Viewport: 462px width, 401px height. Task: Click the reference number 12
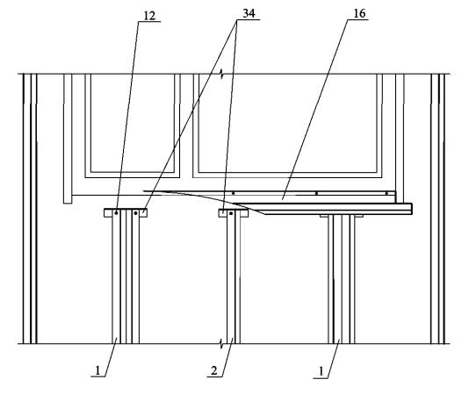(149, 16)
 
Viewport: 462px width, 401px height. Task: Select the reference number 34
(249, 13)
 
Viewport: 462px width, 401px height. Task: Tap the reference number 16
(359, 13)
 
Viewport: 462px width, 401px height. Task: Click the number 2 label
(214, 370)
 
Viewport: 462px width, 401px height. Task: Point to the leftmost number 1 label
(97, 370)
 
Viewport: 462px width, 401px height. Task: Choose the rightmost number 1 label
(321, 371)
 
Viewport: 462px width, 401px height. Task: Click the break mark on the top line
(221, 75)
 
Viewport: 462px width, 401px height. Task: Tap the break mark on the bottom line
(221, 343)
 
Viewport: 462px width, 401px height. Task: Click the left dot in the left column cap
(117, 213)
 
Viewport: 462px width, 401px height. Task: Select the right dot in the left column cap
(135, 213)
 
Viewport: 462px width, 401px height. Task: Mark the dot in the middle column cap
(231, 213)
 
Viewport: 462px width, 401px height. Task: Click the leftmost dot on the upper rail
(234, 193)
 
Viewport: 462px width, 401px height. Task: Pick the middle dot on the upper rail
(316, 193)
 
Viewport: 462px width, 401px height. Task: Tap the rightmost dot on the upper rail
(386, 193)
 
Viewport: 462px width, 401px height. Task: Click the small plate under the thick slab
(342, 216)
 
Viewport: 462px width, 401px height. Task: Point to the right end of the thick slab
(412, 209)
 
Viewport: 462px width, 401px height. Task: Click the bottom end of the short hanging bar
(68, 203)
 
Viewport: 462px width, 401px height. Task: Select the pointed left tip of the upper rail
(143, 191)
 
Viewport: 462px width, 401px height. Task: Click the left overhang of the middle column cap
(222, 213)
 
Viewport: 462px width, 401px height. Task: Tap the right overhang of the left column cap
(143, 213)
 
